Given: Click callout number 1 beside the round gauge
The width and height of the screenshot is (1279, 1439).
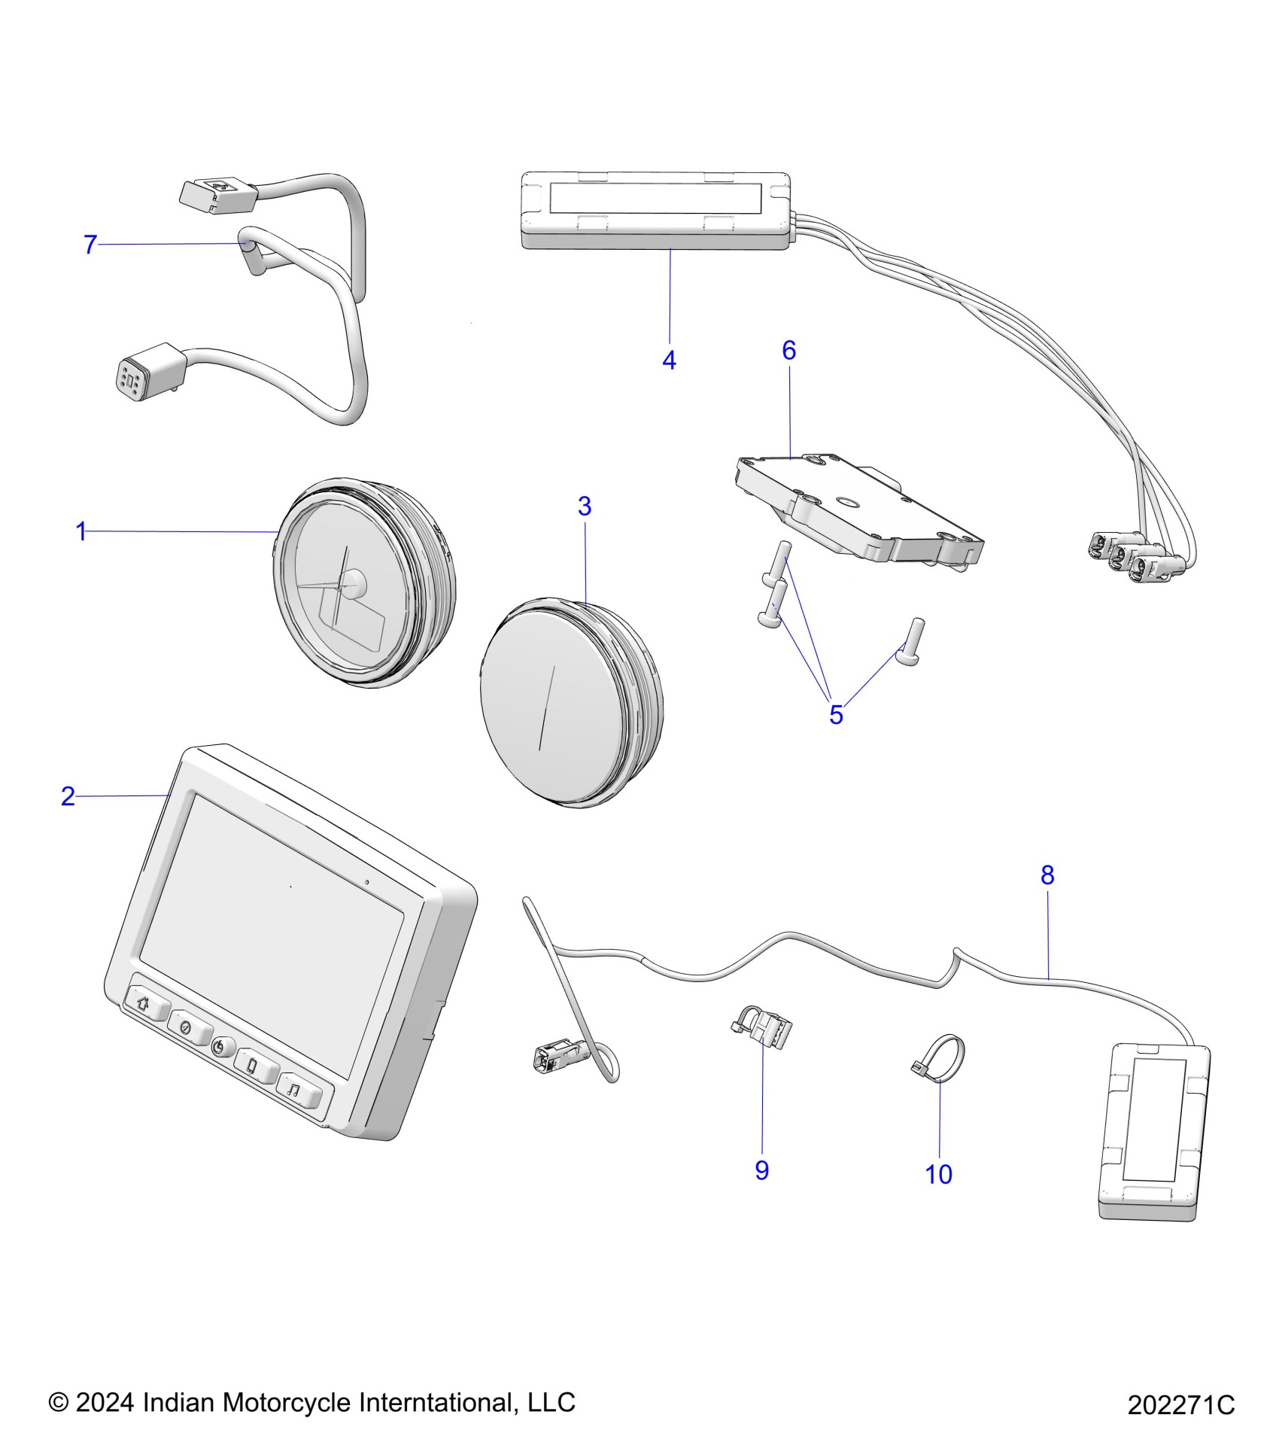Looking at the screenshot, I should tap(81, 531).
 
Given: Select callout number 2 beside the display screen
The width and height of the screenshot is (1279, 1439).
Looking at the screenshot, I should tap(68, 796).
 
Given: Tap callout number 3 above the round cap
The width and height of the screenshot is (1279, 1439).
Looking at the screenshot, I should tap(585, 507).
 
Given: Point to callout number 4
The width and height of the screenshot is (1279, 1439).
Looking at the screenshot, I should tap(669, 361).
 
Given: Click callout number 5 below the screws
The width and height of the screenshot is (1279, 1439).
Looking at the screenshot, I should tap(836, 715).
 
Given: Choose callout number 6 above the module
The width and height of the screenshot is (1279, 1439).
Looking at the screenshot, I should tap(788, 350).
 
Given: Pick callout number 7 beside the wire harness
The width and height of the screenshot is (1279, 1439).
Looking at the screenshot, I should tap(90, 245).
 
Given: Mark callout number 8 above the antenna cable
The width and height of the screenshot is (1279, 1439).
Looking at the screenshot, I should tap(1047, 875).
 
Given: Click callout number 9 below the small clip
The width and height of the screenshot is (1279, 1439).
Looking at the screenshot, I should tap(761, 1170).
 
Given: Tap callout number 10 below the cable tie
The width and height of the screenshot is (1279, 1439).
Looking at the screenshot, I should tap(938, 1174).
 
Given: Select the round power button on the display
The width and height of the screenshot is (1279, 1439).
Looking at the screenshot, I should tap(220, 1046).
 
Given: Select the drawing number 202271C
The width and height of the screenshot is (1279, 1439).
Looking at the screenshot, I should tap(1180, 1404).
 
